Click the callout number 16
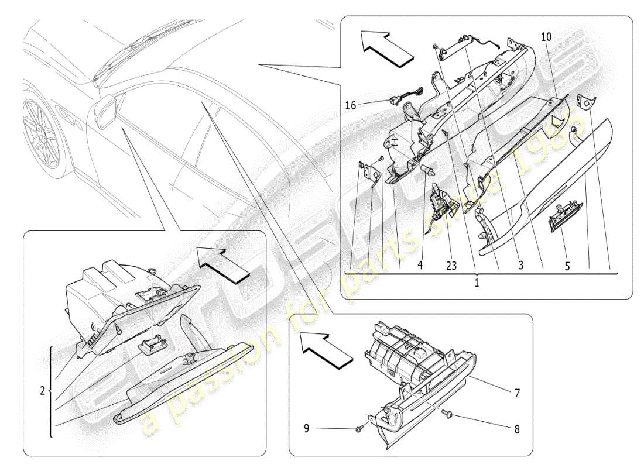[x=350, y=105]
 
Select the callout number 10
[x=546, y=37]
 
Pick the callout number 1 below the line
[x=476, y=281]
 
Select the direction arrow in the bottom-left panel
[x=224, y=264]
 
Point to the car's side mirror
[x=105, y=111]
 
